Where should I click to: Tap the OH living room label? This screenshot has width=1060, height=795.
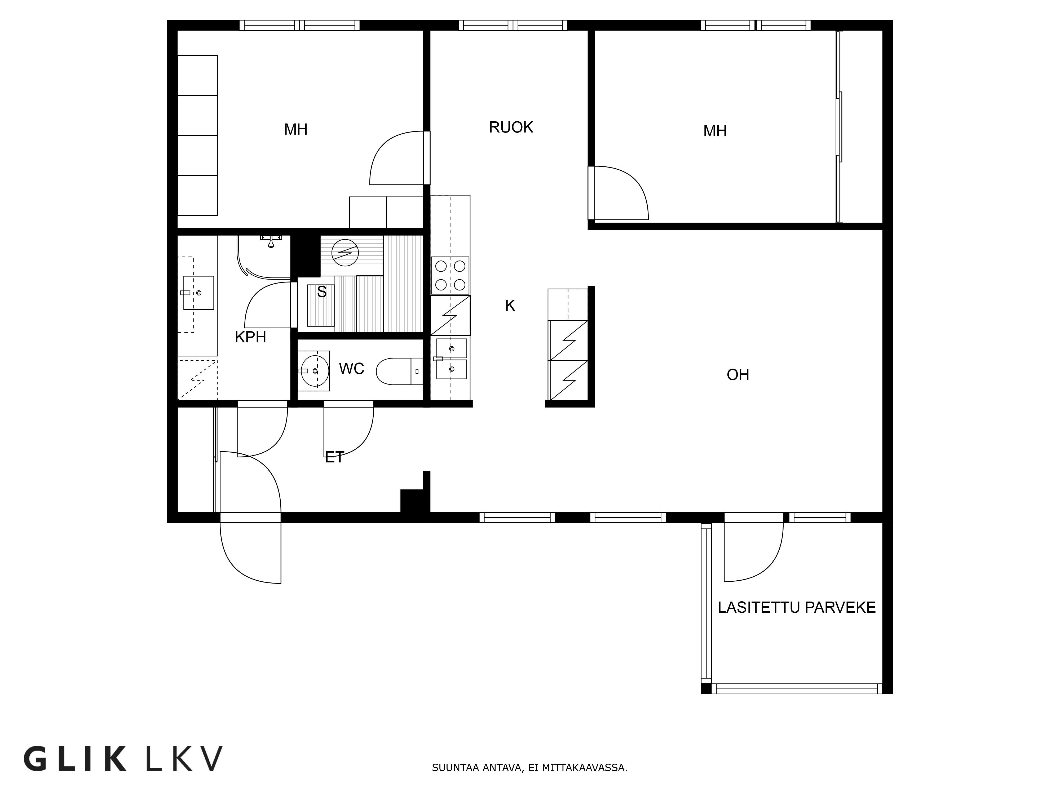pyautogui.click(x=737, y=375)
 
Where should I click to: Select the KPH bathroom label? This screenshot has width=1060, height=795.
pyautogui.click(x=250, y=337)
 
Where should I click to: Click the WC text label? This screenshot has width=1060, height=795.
pyautogui.click(x=351, y=369)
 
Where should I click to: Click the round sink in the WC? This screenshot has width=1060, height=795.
pyautogui.click(x=314, y=370)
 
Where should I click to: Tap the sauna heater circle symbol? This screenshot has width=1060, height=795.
pyautogui.click(x=345, y=253)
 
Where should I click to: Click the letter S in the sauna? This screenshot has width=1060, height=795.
pyautogui.click(x=321, y=292)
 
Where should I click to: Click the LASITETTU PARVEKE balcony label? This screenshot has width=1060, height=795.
pyautogui.click(x=796, y=608)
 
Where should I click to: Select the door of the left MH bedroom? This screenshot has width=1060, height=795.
pyautogui.click(x=395, y=158)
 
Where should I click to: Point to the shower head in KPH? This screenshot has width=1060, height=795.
pyautogui.click(x=271, y=242)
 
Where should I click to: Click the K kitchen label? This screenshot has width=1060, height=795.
pyautogui.click(x=510, y=306)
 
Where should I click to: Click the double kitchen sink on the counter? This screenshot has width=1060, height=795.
pyautogui.click(x=451, y=359)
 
